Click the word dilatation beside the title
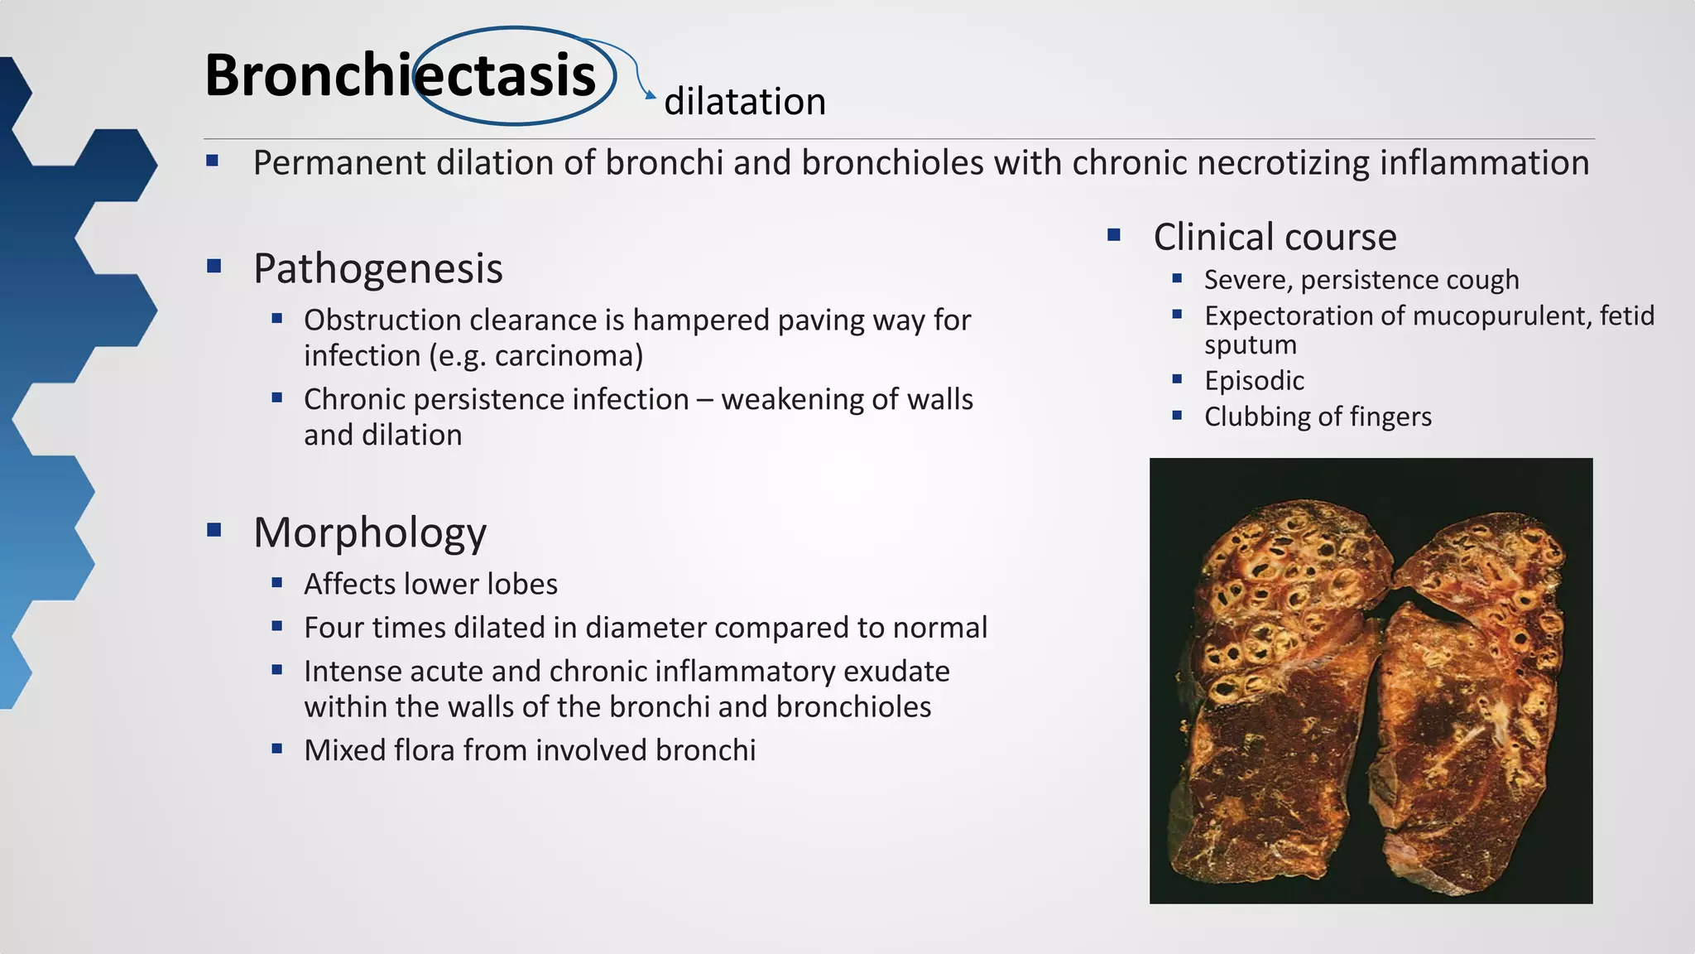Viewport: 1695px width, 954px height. (x=745, y=102)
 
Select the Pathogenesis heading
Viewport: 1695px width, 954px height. (x=377, y=268)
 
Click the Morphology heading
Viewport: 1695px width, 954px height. (x=369, y=532)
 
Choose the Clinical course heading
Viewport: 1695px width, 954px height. (x=1275, y=237)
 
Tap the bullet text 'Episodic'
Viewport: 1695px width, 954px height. (x=1254, y=381)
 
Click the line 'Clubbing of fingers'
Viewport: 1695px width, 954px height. (x=1317, y=417)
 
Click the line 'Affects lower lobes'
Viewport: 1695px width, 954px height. (x=430, y=584)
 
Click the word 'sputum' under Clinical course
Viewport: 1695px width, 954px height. (x=1250, y=345)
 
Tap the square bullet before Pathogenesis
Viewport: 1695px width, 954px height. (x=214, y=266)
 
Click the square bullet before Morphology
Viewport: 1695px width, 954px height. (x=214, y=530)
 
